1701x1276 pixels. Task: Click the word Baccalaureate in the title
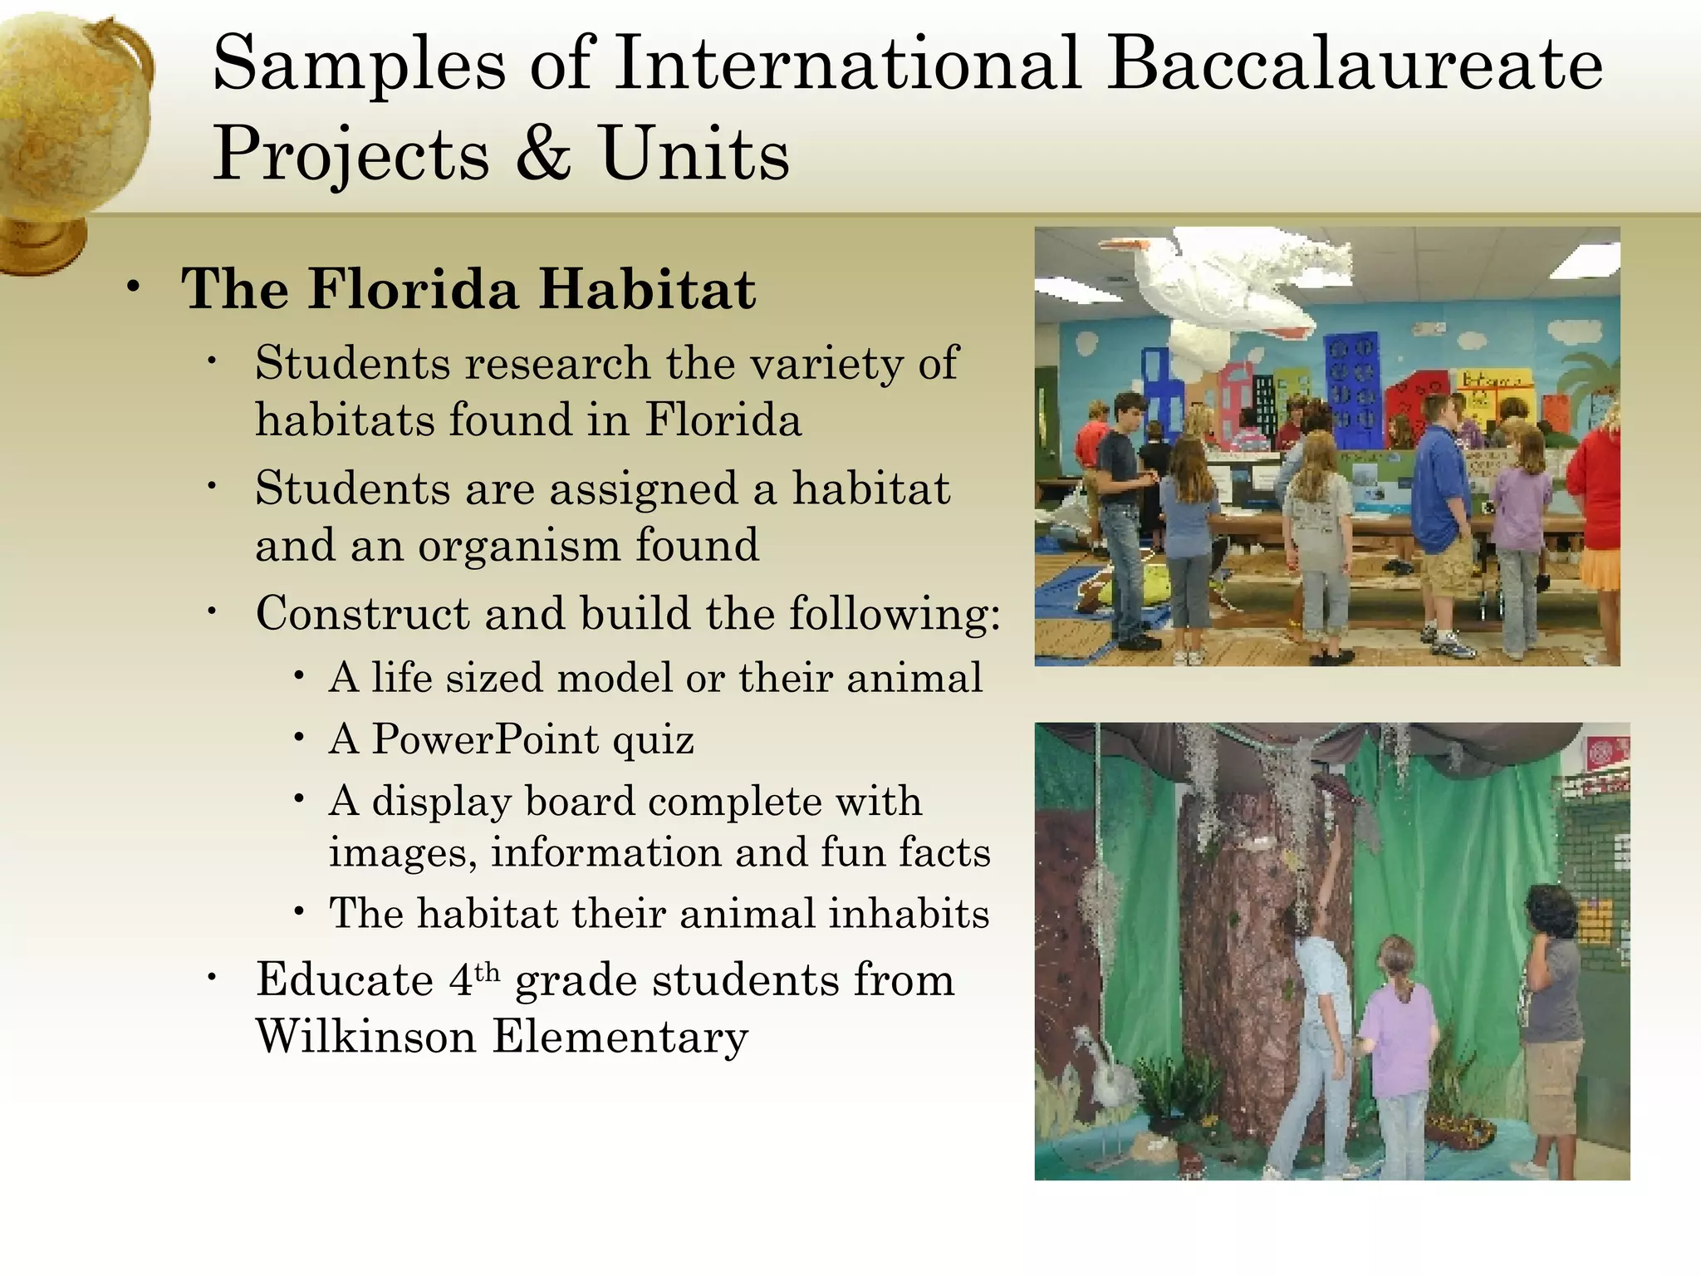click(x=1355, y=65)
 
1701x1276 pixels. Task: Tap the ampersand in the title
click(x=543, y=154)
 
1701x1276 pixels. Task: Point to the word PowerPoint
click(x=485, y=739)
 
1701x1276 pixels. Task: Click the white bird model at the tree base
click(x=1096, y=1072)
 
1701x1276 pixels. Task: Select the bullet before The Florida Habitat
click(x=134, y=288)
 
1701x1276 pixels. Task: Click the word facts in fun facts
click(x=944, y=852)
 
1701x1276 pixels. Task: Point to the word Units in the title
click(x=694, y=154)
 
